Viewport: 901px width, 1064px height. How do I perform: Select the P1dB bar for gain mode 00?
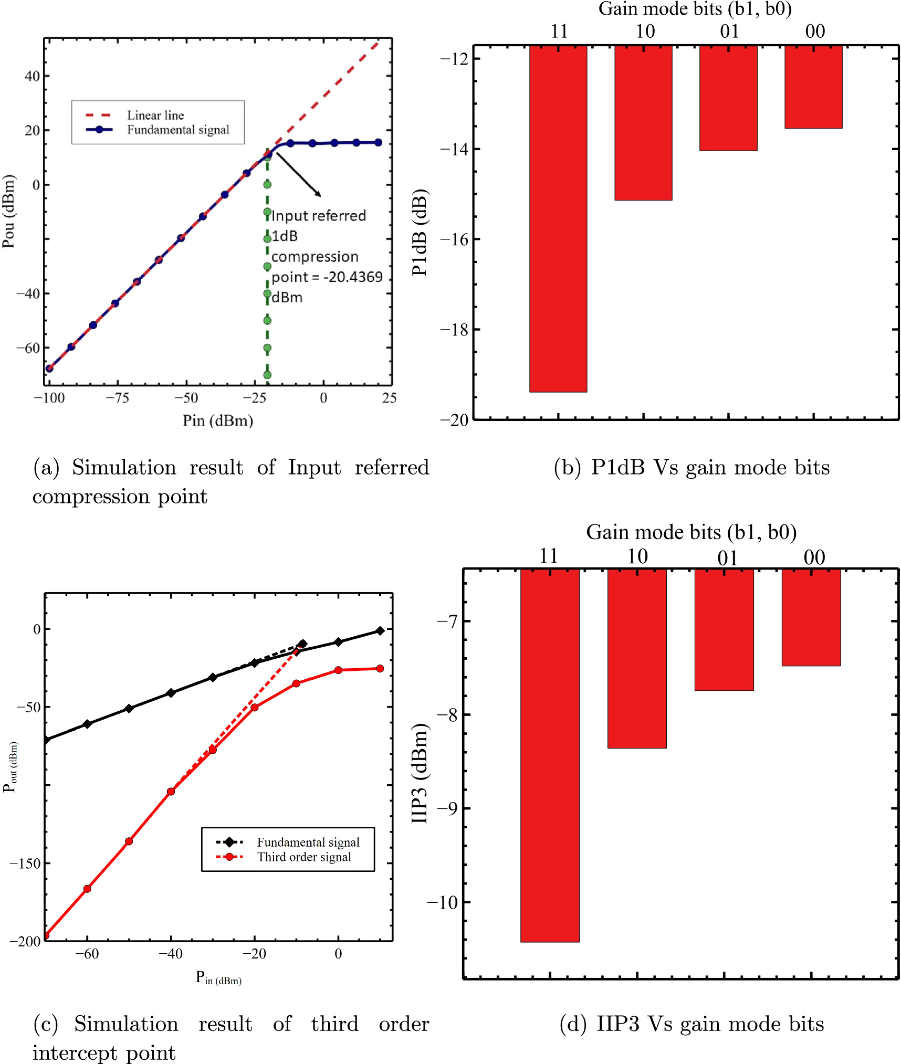pyautogui.click(x=813, y=87)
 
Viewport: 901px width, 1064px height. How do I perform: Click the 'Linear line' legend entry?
pyautogui.click(x=155, y=115)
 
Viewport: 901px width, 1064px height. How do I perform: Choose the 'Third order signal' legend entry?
pyautogui.click(x=304, y=857)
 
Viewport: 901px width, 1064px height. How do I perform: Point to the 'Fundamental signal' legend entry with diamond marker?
pyautogui.click(x=308, y=842)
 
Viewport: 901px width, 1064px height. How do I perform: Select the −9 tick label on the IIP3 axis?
pyautogui.click(x=447, y=808)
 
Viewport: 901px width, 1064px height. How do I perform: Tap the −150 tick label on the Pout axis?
pyautogui.click(x=25, y=863)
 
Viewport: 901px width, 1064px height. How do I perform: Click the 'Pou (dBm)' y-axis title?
pyautogui.click(x=9, y=211)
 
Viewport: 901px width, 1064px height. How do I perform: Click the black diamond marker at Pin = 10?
pyautogui.click(x=380, y=630)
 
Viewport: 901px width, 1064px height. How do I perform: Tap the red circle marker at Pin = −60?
pyautogui.click(x=87, y=889)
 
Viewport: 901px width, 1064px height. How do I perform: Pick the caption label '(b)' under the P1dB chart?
pyautogui.click(x=567, y=467)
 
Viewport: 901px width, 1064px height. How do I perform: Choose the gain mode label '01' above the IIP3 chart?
pyautogui.click(x=728, y=558)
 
